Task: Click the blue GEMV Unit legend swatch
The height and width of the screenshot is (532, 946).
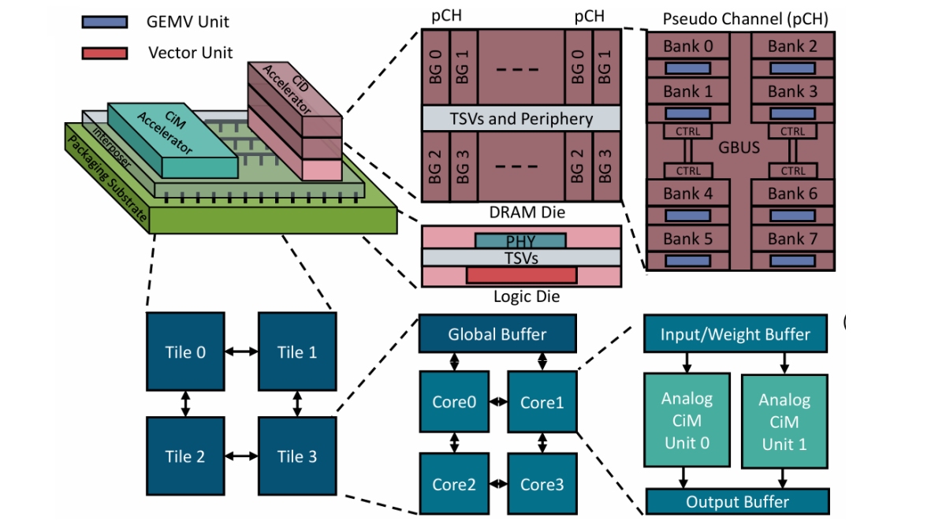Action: [104, 22]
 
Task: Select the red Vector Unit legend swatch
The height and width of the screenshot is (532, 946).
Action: [104, 54]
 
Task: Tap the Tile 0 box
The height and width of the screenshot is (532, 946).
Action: [185, 352]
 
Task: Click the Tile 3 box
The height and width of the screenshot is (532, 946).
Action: [297, 456]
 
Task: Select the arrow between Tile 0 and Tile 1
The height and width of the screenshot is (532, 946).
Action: [241, 352]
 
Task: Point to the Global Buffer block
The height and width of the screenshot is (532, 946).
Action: [497, 334]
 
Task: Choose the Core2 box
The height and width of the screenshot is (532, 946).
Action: [454, 484]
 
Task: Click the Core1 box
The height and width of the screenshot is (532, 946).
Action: [542, 402]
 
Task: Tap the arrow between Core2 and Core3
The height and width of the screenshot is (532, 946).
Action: [498, 484]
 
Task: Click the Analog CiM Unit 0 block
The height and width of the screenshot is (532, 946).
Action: [687, 420]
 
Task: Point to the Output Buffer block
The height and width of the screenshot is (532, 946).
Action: [737, 501]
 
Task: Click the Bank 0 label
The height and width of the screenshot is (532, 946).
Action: [687, 47]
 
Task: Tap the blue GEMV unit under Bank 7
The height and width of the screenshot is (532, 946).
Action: [792, 259]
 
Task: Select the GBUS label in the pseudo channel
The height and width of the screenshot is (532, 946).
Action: [739, 147]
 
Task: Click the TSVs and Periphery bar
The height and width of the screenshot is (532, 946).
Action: [520, 119]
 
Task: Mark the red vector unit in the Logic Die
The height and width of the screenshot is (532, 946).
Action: [520, 274]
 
